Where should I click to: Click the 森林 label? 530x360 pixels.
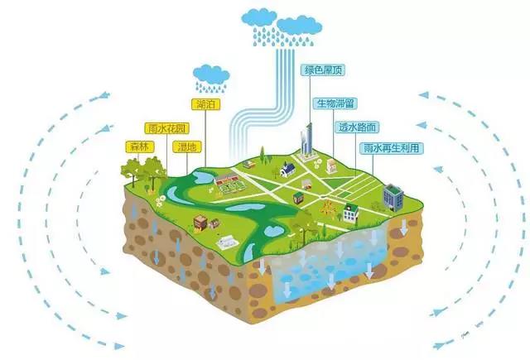pyautogui.click(x=137, y=147)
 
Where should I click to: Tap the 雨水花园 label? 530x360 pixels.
pyautogui.click(x=163, y=129)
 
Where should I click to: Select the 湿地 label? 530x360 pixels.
pyautogui.click(x=185, y=147)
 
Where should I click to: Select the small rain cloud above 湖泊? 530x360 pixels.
pyautogui.click(x=212, y=75)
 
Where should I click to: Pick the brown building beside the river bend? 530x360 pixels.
pyautogui.click(x=200, y=222)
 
